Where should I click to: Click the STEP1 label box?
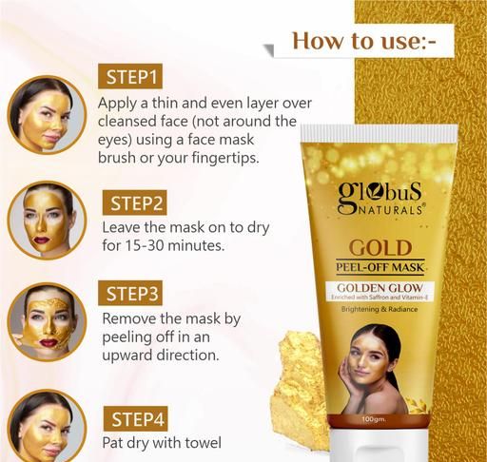tap(130, 76)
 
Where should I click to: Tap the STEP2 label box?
tap(135, 202)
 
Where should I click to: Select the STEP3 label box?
tap(130, 293)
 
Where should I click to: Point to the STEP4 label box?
tap(136, 418)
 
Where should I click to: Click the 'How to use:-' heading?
tap(364, 41)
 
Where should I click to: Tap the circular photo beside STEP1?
tap(47, 115)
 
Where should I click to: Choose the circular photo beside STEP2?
tap(47, 221)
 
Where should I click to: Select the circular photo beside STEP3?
tap(47, 322)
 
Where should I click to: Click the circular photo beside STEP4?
tap(47, 426)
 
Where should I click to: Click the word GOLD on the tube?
tap(380, 248)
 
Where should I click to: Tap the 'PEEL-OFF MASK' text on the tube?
tap(380, 267)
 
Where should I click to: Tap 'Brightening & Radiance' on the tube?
tap(380, 309)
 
